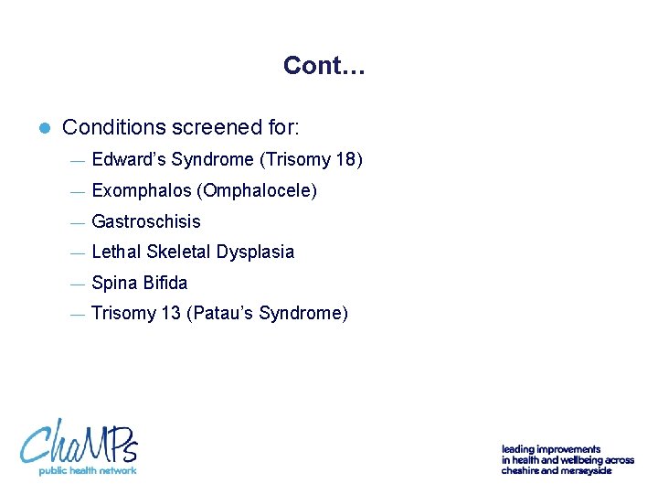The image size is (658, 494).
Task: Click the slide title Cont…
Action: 324,66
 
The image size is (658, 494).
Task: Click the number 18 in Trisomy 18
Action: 346,160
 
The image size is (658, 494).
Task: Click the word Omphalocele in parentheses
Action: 260,191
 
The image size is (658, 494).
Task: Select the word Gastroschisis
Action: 146,221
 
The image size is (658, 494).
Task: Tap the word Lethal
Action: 114,252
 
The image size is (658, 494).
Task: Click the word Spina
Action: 114,283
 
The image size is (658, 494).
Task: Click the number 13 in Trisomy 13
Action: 170,314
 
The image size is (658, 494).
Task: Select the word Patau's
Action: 222,314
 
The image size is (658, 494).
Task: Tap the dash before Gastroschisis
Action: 77,222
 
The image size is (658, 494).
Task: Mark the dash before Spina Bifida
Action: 77,284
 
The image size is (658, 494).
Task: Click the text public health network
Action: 87,470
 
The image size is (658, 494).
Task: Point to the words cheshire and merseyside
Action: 556,470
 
